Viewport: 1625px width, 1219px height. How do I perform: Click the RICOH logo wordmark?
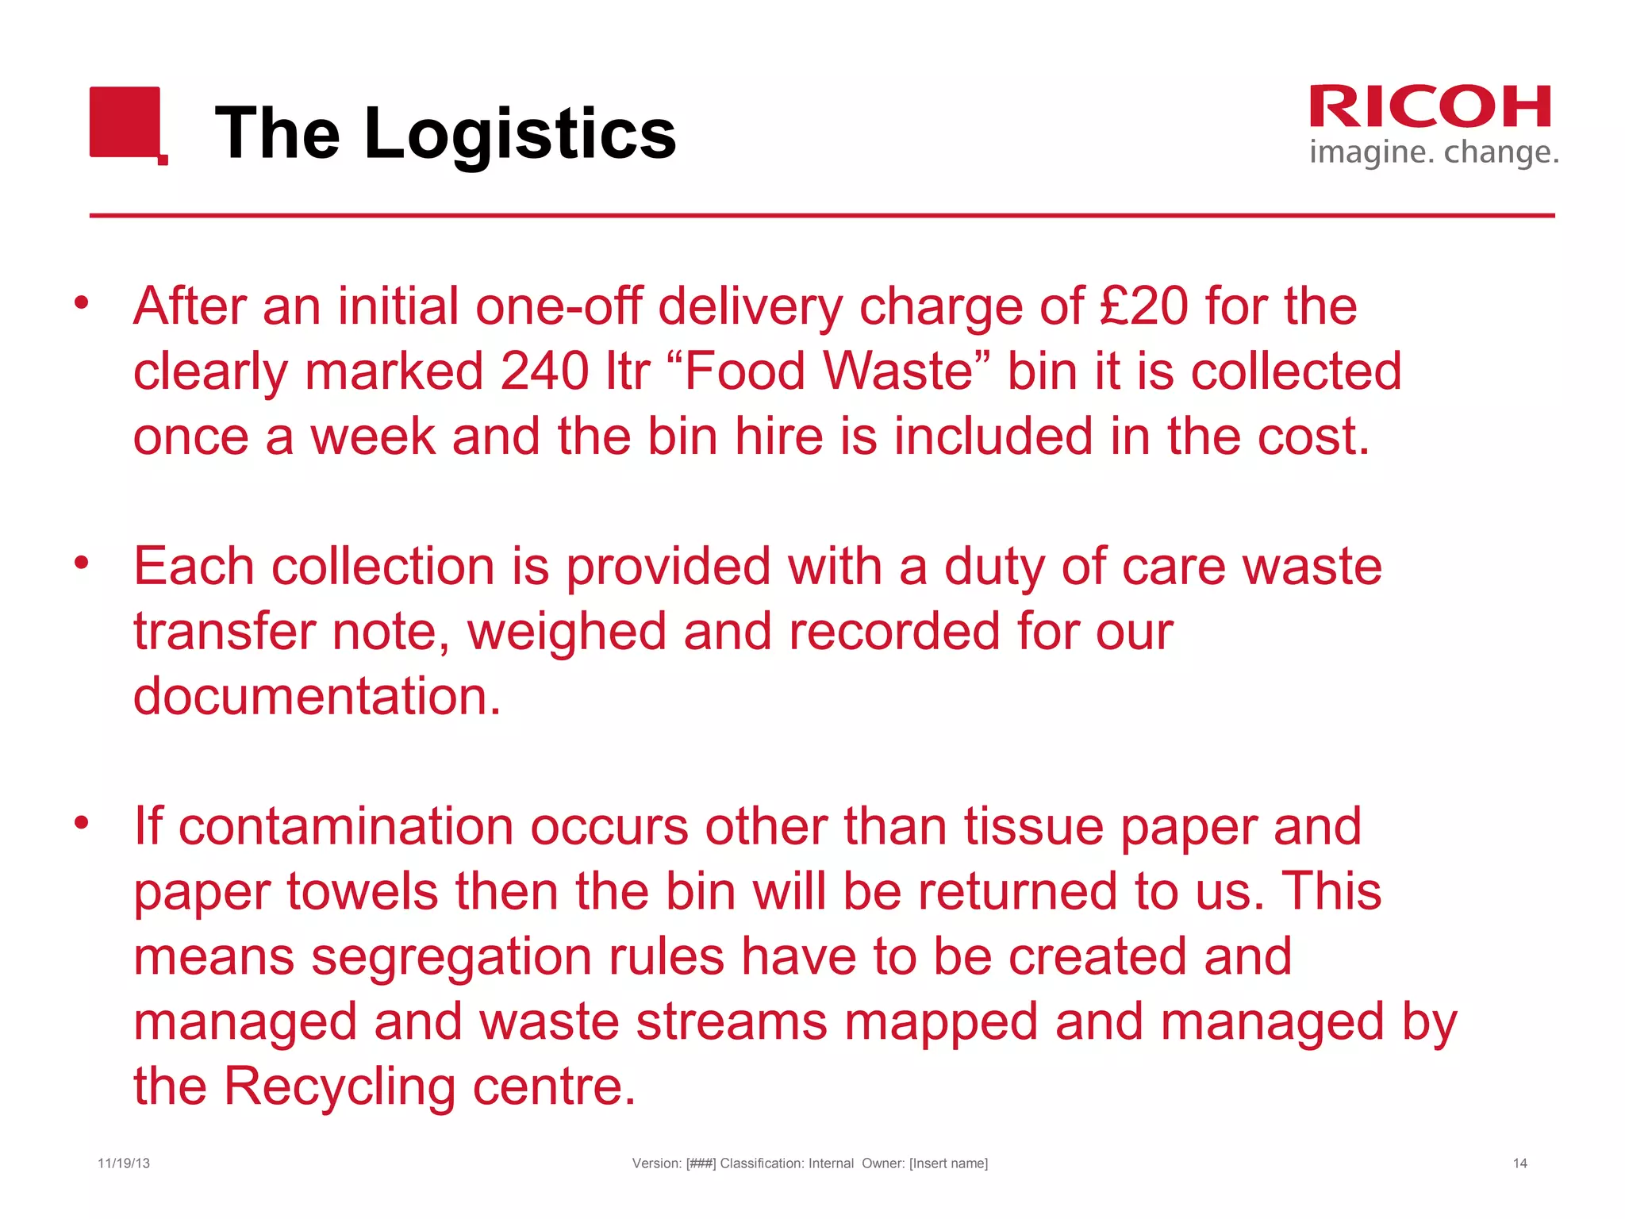click(1430, 107)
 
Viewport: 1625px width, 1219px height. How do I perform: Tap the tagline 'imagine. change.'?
click(1434, 152)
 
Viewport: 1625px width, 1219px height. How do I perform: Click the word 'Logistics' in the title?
click(520, 133)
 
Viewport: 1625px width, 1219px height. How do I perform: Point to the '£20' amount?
click(1143, 306)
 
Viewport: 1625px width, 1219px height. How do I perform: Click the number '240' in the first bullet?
click(545, 371)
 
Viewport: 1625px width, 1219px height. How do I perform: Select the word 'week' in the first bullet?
click(372, 436)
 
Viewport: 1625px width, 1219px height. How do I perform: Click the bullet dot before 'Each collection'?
click(81, 563)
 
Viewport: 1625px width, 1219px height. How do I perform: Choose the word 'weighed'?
click(567, 632)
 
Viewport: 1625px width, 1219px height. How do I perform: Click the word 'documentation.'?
click(317, 697)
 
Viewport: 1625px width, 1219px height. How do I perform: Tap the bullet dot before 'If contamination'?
click(81, 822)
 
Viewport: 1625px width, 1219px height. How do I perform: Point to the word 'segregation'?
click(451, 956)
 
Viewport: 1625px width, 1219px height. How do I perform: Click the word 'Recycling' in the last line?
click(340, 1086)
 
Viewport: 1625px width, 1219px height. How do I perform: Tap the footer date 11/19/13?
click(124, 1163)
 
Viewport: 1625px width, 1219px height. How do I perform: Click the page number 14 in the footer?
click(1519, 1163)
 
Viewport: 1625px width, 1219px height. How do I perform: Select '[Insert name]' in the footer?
click(948, 1163)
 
